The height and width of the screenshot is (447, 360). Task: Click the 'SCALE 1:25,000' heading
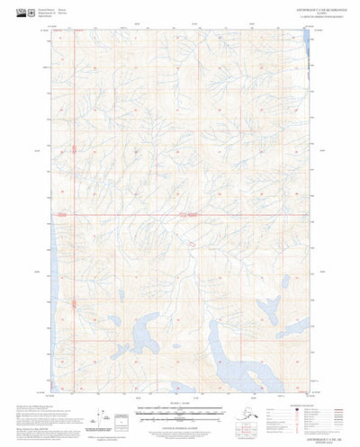click(x=180, y=377)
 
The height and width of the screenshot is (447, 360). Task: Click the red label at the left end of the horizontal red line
click(x=62, y=215)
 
